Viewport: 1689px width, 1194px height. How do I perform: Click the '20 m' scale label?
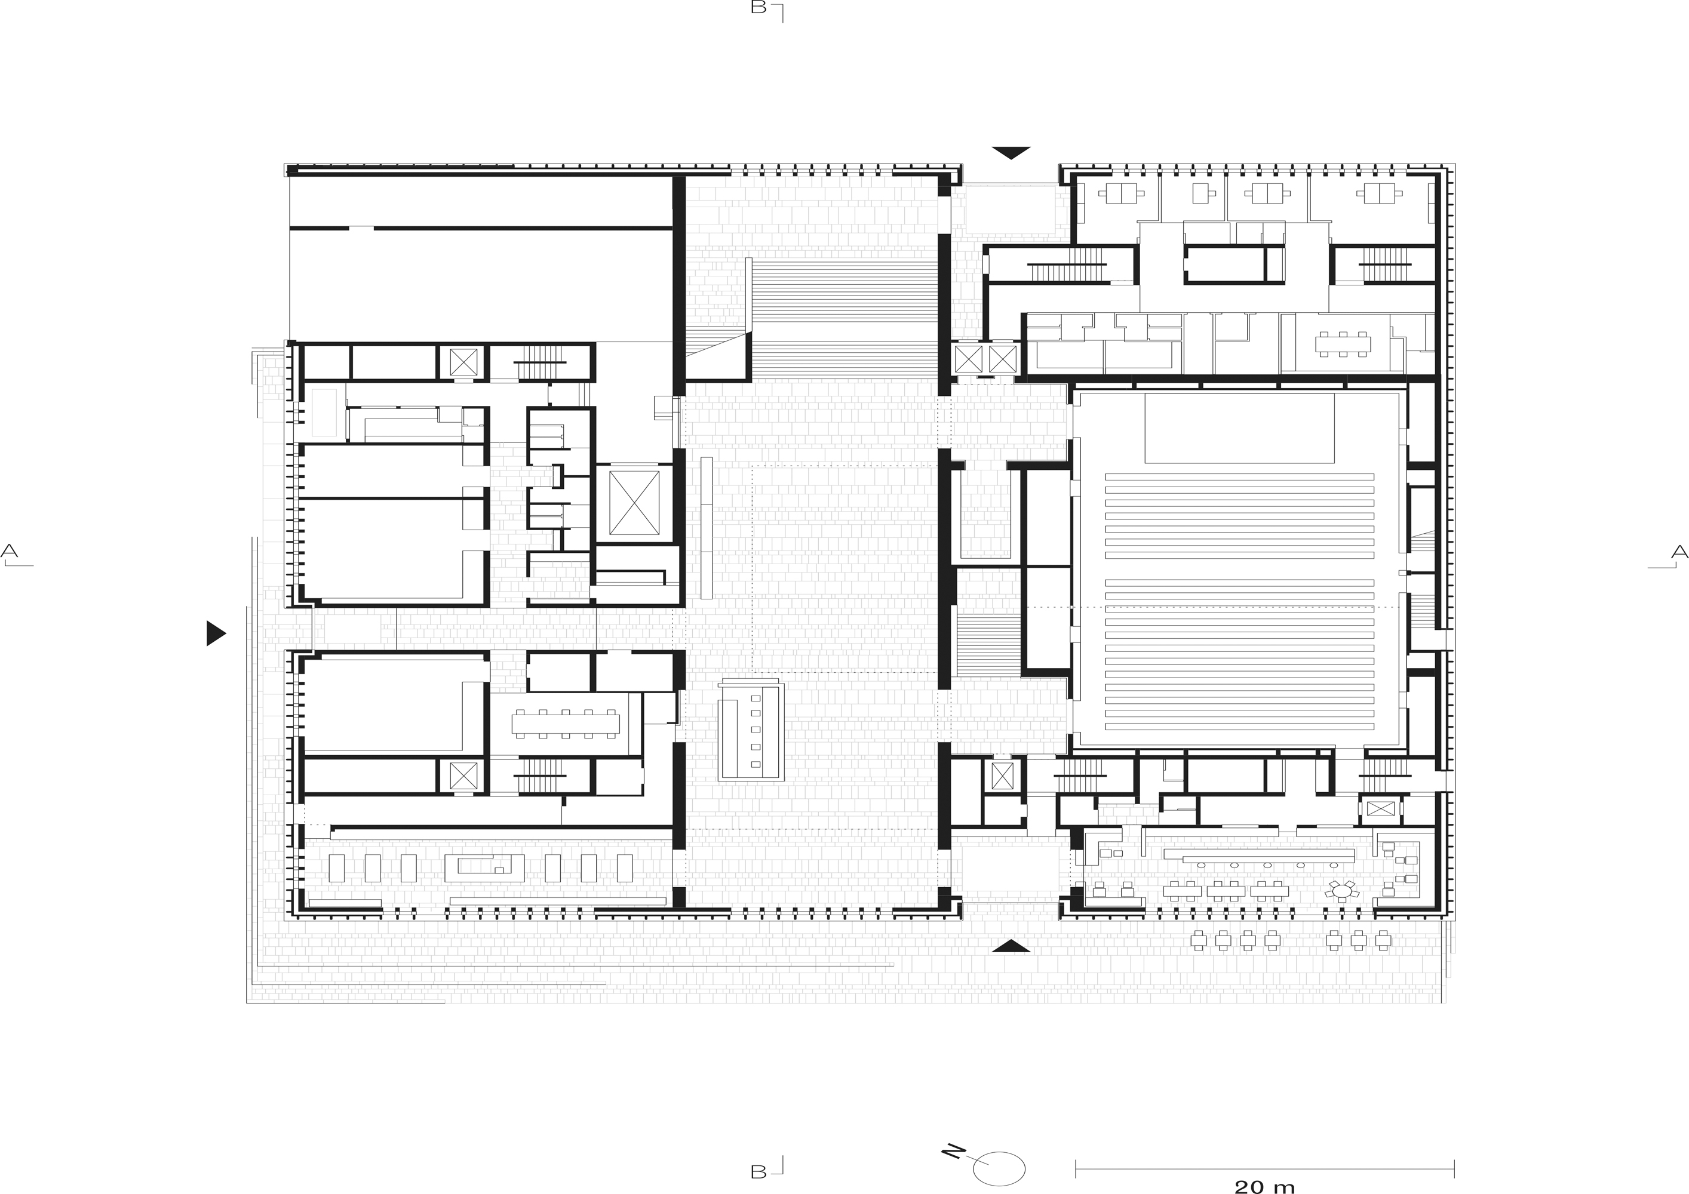coord(1264,1185)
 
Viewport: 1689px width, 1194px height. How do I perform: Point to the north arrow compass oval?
coord(1000,1168)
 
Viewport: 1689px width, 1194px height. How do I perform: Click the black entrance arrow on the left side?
coord(216,633)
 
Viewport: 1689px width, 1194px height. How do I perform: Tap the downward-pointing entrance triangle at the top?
coord(1011,153)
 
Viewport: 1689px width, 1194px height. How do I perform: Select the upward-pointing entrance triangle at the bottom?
coord(1011,946)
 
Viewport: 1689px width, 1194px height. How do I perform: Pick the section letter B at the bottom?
coord(758,1171)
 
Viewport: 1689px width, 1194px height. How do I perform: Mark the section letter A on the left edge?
coord(10,550)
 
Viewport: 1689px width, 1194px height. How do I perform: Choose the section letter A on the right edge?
coord(1679,552)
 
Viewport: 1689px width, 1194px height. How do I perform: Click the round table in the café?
coord(1343,892)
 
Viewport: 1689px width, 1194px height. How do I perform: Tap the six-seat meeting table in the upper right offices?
coord(1343,344)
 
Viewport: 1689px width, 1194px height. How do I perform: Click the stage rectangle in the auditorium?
coord(1239,428)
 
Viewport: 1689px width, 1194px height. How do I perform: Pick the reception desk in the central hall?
coord(751,731)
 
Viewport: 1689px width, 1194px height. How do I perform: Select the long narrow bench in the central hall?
coord(707,528)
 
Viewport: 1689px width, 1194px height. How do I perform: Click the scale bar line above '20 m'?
coord(1266,1165)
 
